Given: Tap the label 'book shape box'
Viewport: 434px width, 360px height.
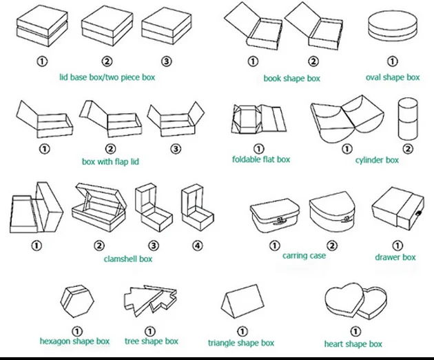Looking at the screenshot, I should [291, 79].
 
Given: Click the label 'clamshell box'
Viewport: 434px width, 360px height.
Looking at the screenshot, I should [127, 259].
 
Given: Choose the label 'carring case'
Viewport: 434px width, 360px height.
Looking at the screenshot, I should [304, 256].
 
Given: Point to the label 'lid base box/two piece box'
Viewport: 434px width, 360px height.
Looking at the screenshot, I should [107, 77].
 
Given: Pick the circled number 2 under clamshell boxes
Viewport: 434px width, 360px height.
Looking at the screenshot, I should [99, 245].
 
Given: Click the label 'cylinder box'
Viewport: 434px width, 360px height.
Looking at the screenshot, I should [377, 160].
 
